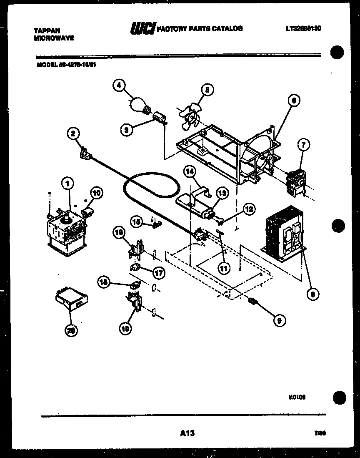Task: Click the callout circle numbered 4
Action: tap(119, 85)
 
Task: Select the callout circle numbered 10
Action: tap(96, 193)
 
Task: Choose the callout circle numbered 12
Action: tap(249, 209)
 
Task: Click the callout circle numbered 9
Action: tap(279, 320)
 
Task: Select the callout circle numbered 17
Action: tap(159, 273)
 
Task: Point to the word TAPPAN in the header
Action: tap(47, 31)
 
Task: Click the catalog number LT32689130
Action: tap(303, 29)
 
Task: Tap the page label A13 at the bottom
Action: tap(187, 433)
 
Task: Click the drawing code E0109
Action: tap(297, 398)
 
